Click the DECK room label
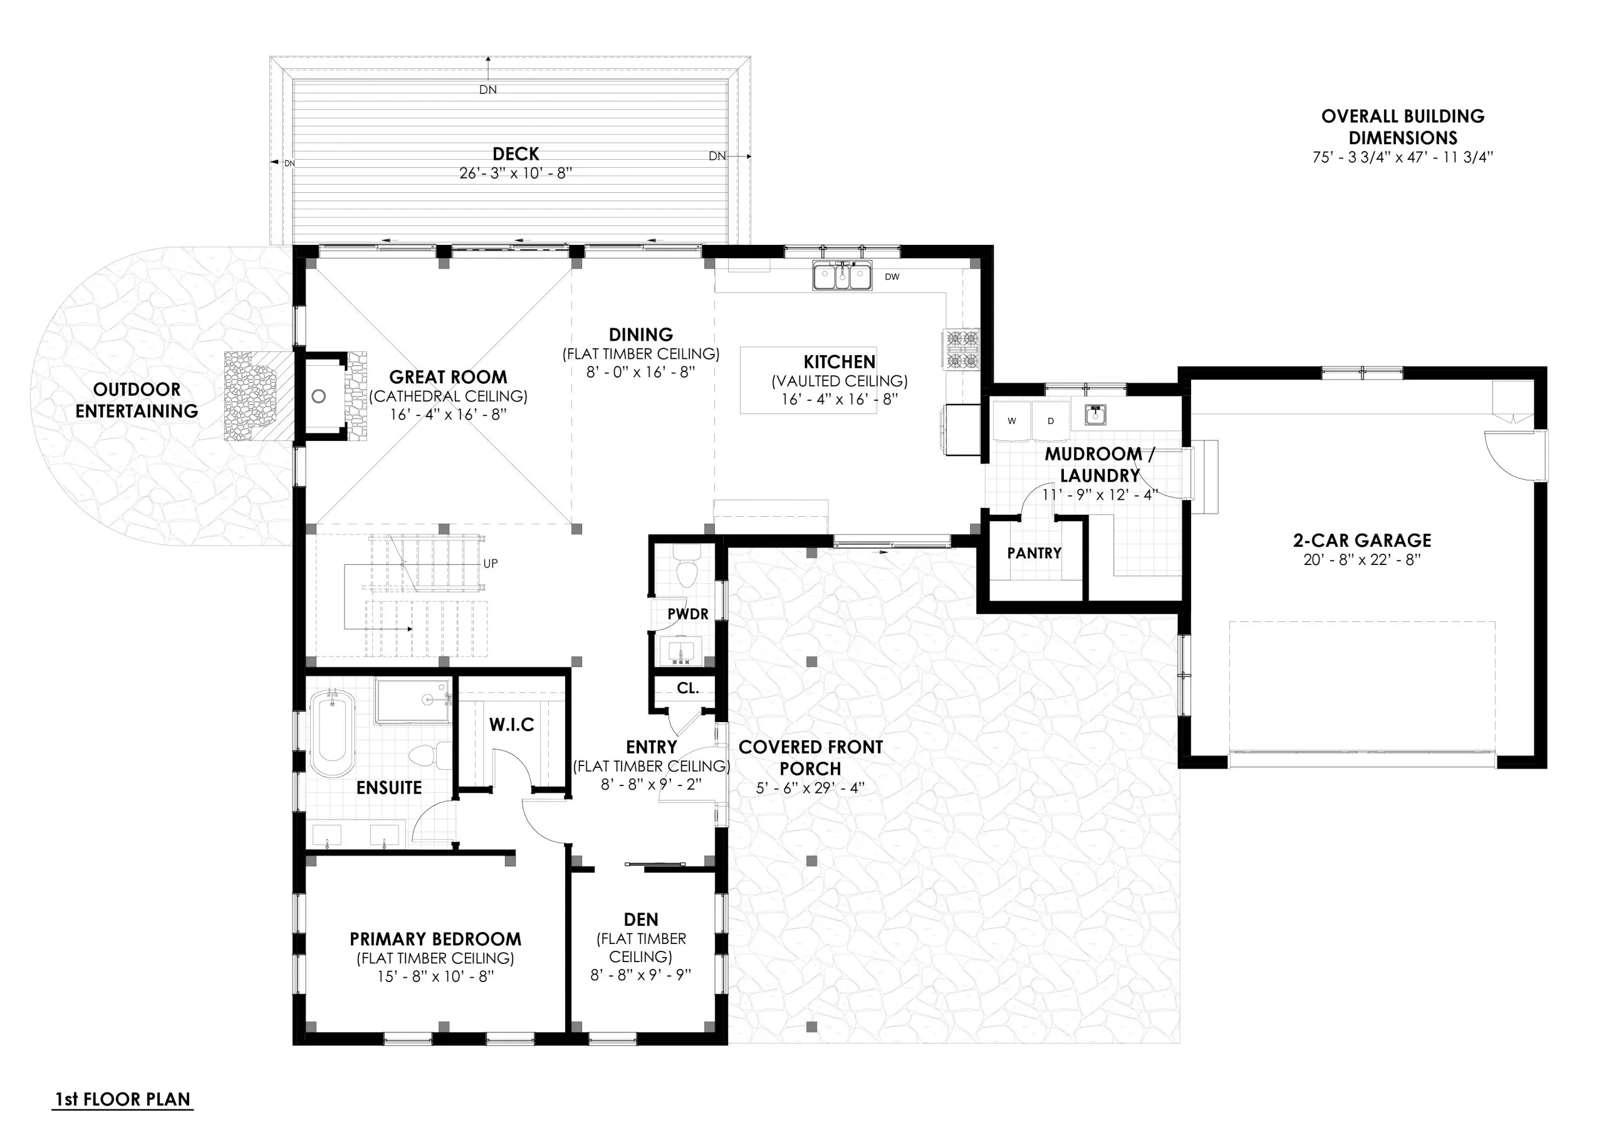tap(515, 153)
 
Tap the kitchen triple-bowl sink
tap(842, 276)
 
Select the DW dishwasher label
tap(892, 277)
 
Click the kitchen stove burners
tap(962, 349)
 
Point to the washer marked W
tap(1011, 421)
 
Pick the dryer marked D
tap(1051, 421)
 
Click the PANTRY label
tap(1034, 553)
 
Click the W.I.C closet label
tap(512, 725)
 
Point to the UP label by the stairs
tap(490, 564)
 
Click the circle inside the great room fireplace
tap(319, 396)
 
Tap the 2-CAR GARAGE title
tap(1362, 541)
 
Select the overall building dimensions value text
tap(1402, 158)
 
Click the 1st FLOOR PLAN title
tap(123, 1099)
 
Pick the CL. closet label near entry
tap(687, 688)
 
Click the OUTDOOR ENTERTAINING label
tap(137, 400)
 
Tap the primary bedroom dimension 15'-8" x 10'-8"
tap(435, 977)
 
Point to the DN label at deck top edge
tap(488, 90)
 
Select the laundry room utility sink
tap(1095, 415)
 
